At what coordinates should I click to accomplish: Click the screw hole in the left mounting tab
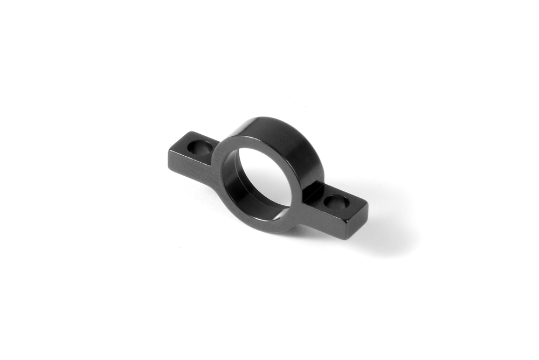201,147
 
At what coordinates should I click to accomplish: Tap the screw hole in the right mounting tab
337,203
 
